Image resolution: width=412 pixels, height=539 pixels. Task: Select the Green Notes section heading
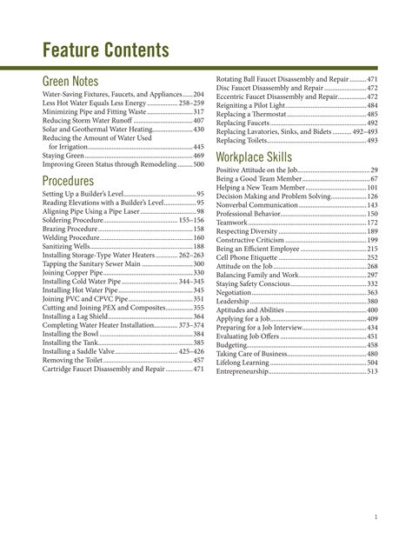[x=77, y=81]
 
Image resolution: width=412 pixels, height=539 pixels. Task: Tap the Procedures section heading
[x=80, y=181]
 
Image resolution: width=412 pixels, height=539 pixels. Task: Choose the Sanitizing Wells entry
[x=67, y=248]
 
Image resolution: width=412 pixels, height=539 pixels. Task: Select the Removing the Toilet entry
[x=73, y=360]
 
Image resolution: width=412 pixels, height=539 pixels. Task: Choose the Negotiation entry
[x=236, y=294]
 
